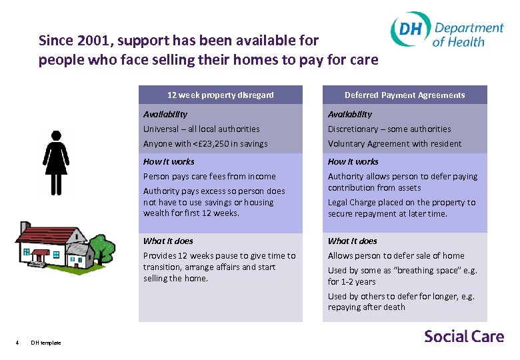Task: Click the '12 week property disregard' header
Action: point(220,95)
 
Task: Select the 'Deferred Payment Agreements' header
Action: point(405,95)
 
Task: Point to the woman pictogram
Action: point(55,163)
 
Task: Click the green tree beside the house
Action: point(102,248)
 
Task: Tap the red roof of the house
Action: point(47,234)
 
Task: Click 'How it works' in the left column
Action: point(169,161)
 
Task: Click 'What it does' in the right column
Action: point(352,241)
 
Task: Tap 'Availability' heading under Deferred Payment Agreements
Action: point(350,114)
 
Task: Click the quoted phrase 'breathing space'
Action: point(409,270)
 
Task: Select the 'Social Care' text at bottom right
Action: point(464,336)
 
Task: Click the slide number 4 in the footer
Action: point(17,343)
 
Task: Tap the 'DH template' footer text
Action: point(46,343)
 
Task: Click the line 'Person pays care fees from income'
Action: point(209,176)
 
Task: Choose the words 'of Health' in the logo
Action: point(458,41)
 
